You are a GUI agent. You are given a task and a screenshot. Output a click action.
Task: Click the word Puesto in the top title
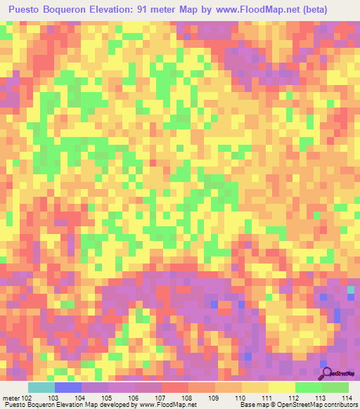(x=29, y=10)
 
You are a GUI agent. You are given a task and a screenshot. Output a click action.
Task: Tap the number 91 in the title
(x=155, y=10)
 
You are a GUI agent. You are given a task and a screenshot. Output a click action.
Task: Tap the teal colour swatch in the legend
(x=41, y=387)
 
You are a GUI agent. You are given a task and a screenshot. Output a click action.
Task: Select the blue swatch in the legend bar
(x=67, y=387)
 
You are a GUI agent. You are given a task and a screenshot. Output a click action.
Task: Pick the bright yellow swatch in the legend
(x=281, y=387)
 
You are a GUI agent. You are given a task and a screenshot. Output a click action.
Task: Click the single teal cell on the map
(x=351, y=290)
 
